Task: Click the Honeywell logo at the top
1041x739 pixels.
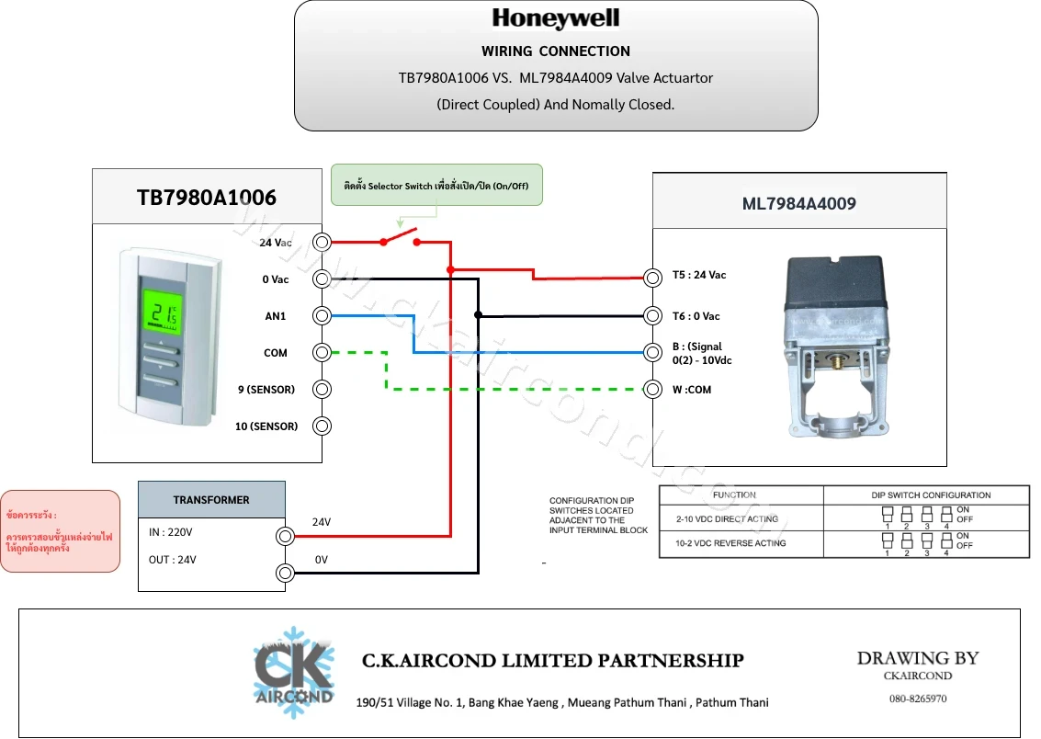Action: pyautogui.click(x=556, y=18)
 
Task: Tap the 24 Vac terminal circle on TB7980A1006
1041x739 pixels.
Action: pyautogui.click(x=322, y=243)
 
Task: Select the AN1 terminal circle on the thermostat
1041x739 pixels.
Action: pyautogui.click(x=322, y=315)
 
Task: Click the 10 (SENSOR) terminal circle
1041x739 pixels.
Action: pyautogui.click(x=322, y=426)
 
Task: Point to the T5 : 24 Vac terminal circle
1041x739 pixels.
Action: pyautogui.click(x=652, y=278)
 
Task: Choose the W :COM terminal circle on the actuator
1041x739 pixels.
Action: pyautogui.click(x=652, y=389)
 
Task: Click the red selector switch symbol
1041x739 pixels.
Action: pyautogui.click(x=400, y=238)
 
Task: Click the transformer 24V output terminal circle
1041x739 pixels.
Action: pyautogui.click(x=286, y=536)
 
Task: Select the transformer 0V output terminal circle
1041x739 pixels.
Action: pyautogui.click(x=286, y=573)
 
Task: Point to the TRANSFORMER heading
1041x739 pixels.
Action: pyautogui.click(x=211, y=500)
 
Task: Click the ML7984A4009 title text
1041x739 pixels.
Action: pyautogui.click(x=798, y=204)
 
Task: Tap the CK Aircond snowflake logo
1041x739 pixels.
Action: pyautogui.click(x=293, y=672)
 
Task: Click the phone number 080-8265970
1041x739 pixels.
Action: pyautogui.click(x=918, y=699)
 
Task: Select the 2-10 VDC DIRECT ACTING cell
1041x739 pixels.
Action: pyautogui.click(x=741, y=518)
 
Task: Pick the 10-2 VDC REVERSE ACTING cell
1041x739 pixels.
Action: pyautogui.click(x=741, y=544)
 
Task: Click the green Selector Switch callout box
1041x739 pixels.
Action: pyautogui.click(x=436, y=186)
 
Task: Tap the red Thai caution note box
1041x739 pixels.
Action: pyautogui.click(x=61, y=531)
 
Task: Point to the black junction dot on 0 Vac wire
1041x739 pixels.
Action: pyautogui.click(x=478, y=314)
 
